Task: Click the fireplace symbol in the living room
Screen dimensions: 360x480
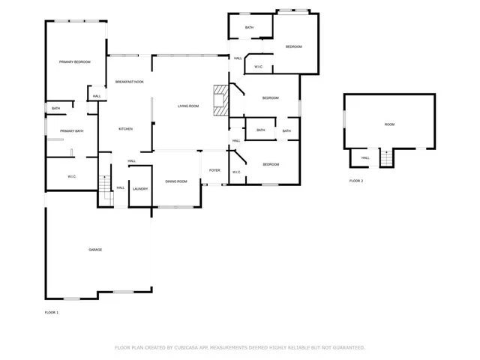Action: (219, 101)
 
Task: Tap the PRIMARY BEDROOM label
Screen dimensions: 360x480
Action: (75, 61)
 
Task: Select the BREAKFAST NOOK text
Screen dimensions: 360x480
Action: (130, 81)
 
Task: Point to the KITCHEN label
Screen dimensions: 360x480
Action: (125, 129)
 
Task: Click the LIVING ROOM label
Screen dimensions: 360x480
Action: (188, 106)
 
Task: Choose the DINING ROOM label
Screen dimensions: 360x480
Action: (176, 181)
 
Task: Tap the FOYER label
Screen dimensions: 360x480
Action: (214, 170)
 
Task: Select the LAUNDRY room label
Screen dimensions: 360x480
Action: (140, 189)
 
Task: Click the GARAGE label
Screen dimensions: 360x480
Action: (95, 249)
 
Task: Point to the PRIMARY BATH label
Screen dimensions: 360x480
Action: (72, 131)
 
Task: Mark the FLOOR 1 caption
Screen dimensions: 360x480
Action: (52, 312)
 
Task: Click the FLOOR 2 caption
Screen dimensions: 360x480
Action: (356, 181)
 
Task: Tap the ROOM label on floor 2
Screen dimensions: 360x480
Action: (389, 124)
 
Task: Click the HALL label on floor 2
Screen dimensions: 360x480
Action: (365, 158)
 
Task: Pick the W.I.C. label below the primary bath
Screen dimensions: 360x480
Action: (72, 176)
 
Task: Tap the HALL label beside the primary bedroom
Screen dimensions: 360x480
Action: (97, 97)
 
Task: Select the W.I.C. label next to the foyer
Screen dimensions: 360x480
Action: (235, 172)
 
